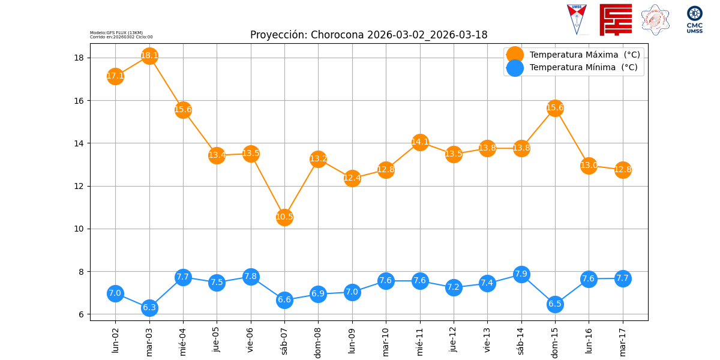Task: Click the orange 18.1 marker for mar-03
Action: (149, 56)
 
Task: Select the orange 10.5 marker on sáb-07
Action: (284, 217)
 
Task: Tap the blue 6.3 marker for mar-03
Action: (149, 307)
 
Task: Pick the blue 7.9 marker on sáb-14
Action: (521, 274)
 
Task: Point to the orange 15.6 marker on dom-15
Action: (555, 108)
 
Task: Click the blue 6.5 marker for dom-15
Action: (555, 304)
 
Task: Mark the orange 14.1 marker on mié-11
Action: (420, 142)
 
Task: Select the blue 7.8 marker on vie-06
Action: (251, 277)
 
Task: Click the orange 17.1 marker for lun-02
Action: (115, 76)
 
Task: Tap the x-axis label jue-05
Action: (217, 340)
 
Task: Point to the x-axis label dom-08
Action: (318, 341)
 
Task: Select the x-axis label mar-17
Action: (623, 340)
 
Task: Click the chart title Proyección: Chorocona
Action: (368, 35)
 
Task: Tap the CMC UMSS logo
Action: (695, 20)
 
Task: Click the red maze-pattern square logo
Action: (616, 20)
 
